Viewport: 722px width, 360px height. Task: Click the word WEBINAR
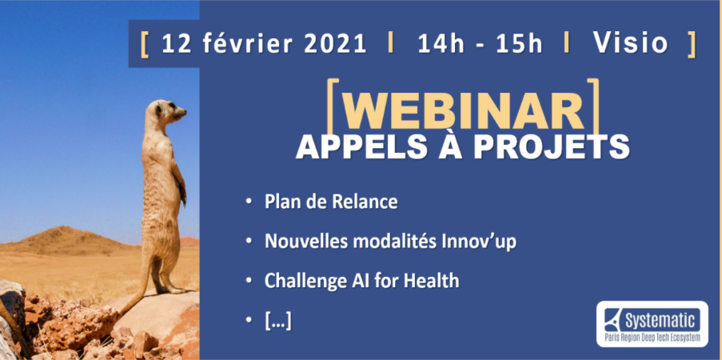[x=463, y=111]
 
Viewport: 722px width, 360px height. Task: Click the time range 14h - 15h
[x=481, y=44]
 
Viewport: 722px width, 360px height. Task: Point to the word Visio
[x=630, y=43]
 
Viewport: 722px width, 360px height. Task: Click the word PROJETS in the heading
[x=552, y=146]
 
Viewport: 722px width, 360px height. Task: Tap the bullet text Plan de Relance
[x=331, y=202]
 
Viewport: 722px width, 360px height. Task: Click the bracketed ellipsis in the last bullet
[x=278, y=321]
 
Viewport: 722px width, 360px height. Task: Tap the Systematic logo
[x=652, y=324]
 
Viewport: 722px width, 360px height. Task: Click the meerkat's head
[x=165, y=113]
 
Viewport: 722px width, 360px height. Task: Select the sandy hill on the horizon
[x=69, y=240]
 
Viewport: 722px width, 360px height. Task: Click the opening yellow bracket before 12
[x=145, y=44]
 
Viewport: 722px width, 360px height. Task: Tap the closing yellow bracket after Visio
[x=691, y=44]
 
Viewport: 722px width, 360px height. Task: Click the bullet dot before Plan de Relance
[x=249, y=202]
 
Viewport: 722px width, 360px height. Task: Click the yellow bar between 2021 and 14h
[x=391, y=43]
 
